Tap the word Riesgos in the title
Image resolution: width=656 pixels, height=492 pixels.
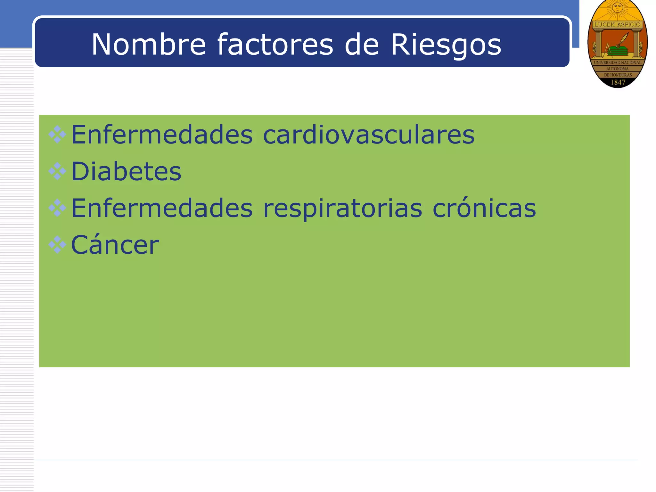[446, 45]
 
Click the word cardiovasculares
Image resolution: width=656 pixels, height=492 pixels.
[368, 135]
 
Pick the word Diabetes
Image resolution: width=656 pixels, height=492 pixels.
[126, 171]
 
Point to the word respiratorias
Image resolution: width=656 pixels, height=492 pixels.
[342, 209]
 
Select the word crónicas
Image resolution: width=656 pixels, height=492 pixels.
[484, 208]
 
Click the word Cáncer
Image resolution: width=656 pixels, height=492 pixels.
[115, 245]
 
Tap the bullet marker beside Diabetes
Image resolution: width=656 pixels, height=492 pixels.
[57, 171]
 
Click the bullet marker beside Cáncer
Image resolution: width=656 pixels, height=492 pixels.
[57, 245]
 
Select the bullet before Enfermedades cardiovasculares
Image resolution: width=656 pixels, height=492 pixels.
[57, 135]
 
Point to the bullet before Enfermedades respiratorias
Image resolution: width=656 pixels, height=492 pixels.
[57, 208]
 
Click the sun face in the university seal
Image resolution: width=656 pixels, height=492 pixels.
[617, 8]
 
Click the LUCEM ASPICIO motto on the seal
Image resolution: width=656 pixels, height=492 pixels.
[617, 25]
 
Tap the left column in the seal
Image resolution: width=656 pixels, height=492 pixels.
[598, 43]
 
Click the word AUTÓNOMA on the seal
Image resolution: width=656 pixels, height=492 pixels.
[617, 69]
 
